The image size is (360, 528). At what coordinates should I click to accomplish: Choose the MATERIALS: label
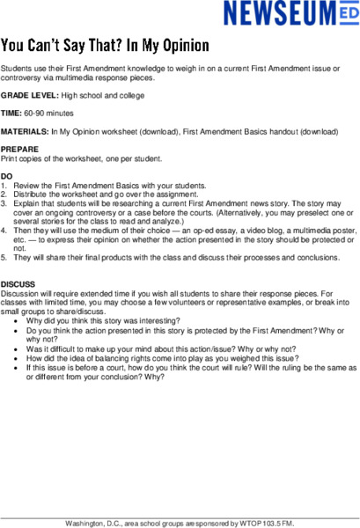(x=25, y=131)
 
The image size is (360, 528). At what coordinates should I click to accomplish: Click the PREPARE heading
(x=19, y=150)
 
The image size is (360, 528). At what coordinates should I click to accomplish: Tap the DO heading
(x=7, y=177)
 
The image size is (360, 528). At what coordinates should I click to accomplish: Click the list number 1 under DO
(x=4, y=186)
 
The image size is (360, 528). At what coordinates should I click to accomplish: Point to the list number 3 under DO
(x=4, y=203)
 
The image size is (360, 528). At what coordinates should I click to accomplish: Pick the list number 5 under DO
(x=4, y=257)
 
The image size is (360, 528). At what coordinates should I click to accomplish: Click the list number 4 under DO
(x=4, y=231)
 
